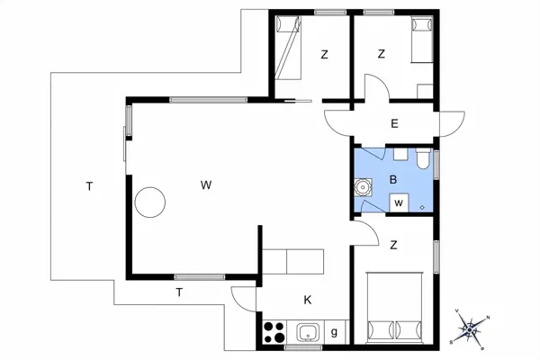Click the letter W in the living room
[x=206, y=185]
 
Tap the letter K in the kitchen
[x=308, y=300]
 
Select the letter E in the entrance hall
[x=394, y=123]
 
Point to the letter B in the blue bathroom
[x=393, y=179]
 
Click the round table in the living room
[x=149, y=202]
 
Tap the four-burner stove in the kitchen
[x=274, y=332]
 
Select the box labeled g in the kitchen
[x=335, y=332]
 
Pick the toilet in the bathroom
[x=423, y=158]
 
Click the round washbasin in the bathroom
[x=363, y=187]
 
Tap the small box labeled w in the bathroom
[x=399, y=202]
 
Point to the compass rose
[x=470, y=330]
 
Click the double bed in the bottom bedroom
[x=395, y=308]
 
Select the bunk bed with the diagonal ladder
[x=288, y=49]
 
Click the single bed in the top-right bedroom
[x=422, y=40]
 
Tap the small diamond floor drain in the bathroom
[x=422, y=207]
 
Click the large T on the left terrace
[x=89, y=186]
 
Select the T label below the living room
[x=179, y=292]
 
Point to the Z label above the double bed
[x=393, y=245]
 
